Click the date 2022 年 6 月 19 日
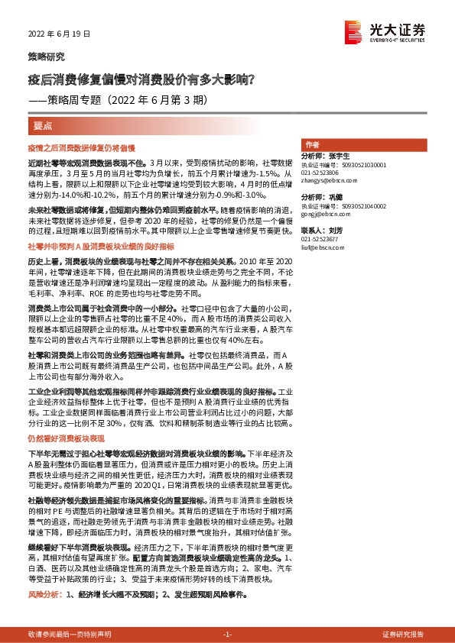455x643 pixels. [x=59, y=34]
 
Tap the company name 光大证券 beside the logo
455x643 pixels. [x=398, y=30]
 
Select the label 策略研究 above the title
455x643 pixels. [x=47, y=57]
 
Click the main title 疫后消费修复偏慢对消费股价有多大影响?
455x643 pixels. [x=142, y=79]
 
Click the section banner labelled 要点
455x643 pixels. [x=43, y=124]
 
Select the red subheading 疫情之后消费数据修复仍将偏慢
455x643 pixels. [x=81, y=147]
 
